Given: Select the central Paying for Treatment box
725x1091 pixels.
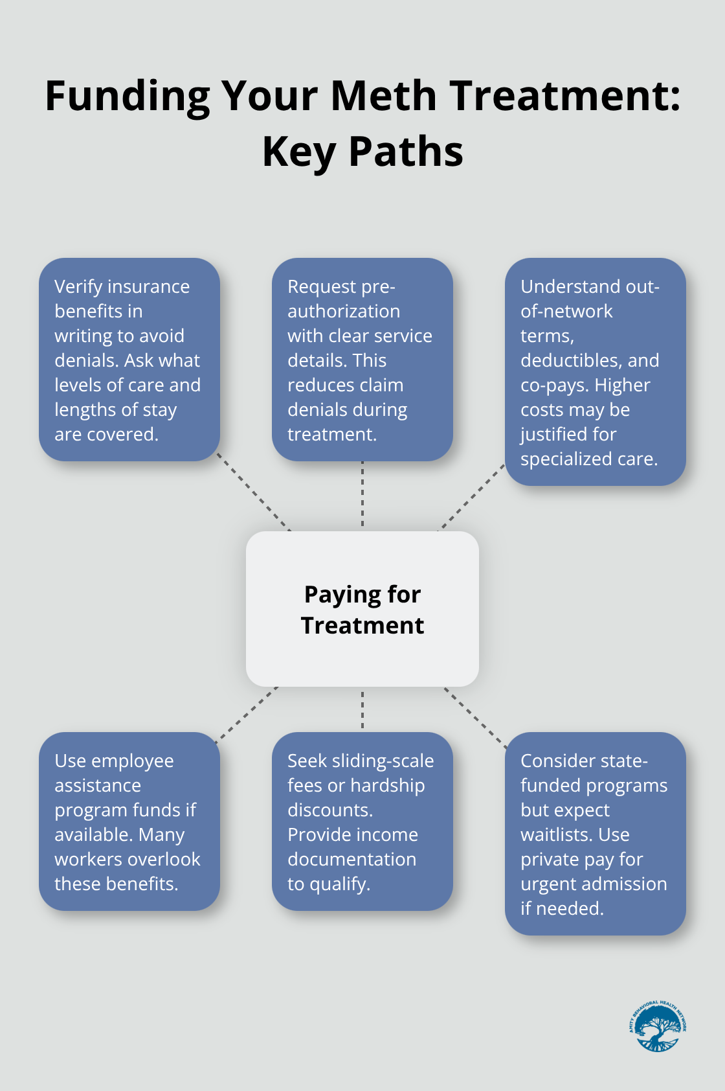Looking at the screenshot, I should [362, 609].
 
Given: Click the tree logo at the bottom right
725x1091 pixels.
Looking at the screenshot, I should [657, 1026].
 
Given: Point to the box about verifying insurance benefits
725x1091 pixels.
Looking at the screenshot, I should [129, 360].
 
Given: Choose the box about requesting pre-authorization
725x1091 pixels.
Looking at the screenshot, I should [362, 360].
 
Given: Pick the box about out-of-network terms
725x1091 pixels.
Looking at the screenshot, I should [596, 372].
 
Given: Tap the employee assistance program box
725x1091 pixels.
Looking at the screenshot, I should [129, 821].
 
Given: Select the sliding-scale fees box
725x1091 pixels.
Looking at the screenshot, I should [362, 821].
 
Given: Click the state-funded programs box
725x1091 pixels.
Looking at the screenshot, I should [596, 834].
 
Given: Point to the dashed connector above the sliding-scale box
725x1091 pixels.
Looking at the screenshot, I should [362, 709].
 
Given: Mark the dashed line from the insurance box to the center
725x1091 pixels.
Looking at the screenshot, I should [254, 492].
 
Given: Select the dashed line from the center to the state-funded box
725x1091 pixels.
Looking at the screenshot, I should [476, 718].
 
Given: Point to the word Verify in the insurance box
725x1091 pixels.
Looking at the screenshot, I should [78, 286].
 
